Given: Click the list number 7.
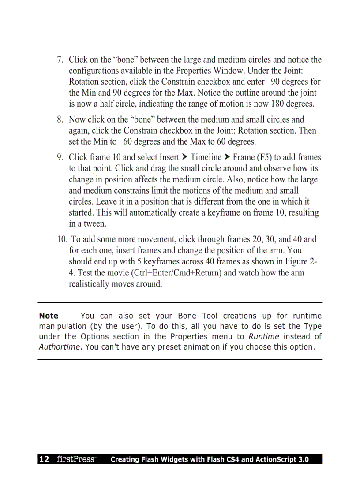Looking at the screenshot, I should (60, 60).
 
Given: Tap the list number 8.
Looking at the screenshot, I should (60, 119).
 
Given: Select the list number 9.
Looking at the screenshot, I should (60, 157).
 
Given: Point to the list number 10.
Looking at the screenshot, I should (61, 240).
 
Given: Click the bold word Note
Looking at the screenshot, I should (49, 316).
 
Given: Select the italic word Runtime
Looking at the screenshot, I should (264, 336).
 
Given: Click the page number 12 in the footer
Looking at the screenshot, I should (44, 459).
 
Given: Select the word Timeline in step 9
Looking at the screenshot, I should (206, 157).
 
